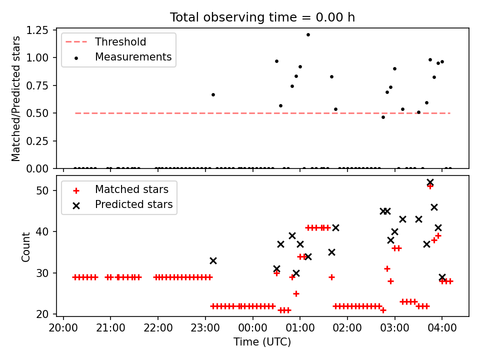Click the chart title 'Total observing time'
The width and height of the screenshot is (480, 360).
233,17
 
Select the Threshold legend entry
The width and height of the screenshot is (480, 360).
106,41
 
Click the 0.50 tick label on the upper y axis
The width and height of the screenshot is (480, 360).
37,113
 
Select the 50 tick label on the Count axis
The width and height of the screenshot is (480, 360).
42,190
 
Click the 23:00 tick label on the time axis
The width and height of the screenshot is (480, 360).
205,328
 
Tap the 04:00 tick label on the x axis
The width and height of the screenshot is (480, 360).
441,328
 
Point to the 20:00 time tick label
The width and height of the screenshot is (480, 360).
63,328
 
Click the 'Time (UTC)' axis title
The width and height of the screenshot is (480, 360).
262,341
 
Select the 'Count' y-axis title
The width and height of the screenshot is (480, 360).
25,247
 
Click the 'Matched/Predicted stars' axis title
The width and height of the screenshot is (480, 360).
15,98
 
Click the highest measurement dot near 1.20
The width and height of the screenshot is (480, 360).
308,35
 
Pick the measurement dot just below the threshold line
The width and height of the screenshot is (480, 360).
383,117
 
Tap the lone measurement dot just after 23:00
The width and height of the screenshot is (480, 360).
213,95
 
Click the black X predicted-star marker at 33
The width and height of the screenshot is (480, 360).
213,261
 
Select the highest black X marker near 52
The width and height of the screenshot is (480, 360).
430,182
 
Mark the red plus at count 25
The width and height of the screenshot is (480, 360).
296,294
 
